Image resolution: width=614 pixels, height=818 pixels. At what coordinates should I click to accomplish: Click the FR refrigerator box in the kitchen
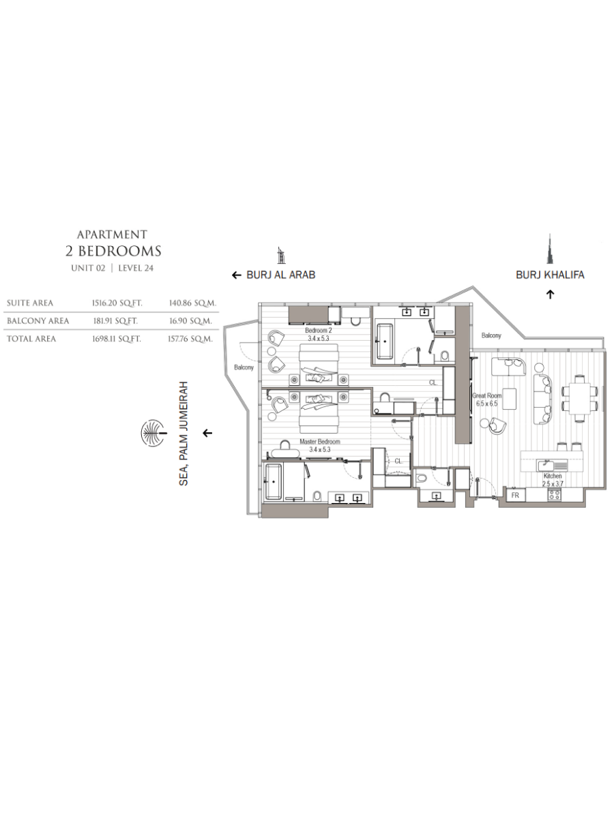[x=515, y=496]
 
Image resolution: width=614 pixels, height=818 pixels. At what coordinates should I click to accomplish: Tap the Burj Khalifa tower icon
[x=550, y=249]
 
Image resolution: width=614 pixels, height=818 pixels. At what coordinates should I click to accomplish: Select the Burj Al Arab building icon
[x=281, y=256]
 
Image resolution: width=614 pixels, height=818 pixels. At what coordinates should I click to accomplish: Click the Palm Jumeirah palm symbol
[x=153, y=433]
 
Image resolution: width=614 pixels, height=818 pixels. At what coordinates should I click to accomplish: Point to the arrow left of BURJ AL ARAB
[x=237, y=275]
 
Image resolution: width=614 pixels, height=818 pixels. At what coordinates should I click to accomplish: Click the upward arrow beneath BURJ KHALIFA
[x=551, y=294]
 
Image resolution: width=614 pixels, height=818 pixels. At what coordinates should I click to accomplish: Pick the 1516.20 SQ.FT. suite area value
[x=117, y=303]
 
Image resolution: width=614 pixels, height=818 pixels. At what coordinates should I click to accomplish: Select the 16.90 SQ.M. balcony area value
[x=190, y=321]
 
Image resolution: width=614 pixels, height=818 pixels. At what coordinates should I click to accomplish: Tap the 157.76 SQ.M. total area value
[x=190, y=339]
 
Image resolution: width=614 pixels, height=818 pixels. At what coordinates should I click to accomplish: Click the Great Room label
[x=487, y=395]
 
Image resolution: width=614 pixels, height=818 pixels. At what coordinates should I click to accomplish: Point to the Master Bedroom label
[x=320, y=442]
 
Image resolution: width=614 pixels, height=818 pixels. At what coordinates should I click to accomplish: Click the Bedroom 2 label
[x=319, y=330]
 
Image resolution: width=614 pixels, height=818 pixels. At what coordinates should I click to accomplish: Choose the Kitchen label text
[x=553, y=476]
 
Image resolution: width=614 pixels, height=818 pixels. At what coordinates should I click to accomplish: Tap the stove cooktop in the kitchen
[x=554, y=494]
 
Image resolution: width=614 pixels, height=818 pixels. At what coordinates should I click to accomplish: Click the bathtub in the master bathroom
[x=274, y=481]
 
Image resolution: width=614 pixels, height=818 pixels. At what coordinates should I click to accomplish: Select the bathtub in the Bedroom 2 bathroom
[x=385, y=341]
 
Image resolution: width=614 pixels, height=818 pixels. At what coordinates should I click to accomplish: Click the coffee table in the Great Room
[x=509, y=399]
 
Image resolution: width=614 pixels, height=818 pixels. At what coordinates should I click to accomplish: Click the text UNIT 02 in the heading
[x=89, y=268]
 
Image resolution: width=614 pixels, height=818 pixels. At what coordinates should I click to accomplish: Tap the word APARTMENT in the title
[x=112, y=234]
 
